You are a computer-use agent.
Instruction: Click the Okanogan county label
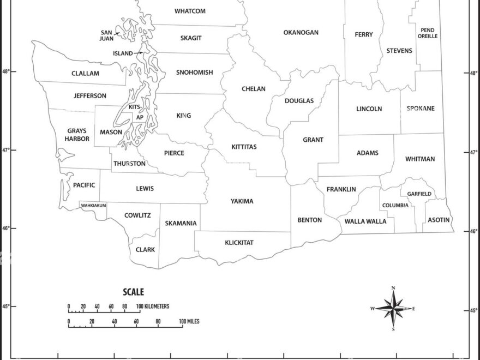pyautogui.click(x=301, y=33)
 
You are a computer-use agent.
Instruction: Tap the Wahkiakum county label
pyautogui.click(x=93, y=205)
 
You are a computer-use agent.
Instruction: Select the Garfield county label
pyautogui.click(x=419, y=194)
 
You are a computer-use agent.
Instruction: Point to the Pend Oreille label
pyautogui.click(x=428, y=33)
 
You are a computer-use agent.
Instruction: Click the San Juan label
pyautogui.click(x=106, y=35)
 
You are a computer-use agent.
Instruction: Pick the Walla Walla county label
pyautogui.click(x=365, y=221)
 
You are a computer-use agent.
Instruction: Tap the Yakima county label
pyautogui.click(x=242, y=201)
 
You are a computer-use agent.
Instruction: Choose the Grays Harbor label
pyautogui.click(x=77, y=135)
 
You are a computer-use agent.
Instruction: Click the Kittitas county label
pyautogui.click(x=244, y=147)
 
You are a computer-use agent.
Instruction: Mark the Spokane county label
pyautogui.click(x=421, y=109)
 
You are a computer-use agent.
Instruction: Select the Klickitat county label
pyautogui.click(x=239, y=242)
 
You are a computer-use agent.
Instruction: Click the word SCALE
pyautogui.click(x=133, y=292)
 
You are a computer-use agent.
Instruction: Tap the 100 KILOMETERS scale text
pyautogui.click(x=153, y=307)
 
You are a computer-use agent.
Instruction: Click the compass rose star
pyautogui.click(x=393, y=309)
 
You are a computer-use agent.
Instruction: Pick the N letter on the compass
pyautogui.click(x=393, y=287)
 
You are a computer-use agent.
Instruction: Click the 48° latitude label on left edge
pyautogui.click(x=5, y=71)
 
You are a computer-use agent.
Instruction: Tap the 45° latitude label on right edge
pyautogui.click(x=474, y=311)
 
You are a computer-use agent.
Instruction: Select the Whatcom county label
pyautogui.click(x=190, y=11)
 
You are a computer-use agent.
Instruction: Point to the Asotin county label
pyautogui.click(x=439, y=220)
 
